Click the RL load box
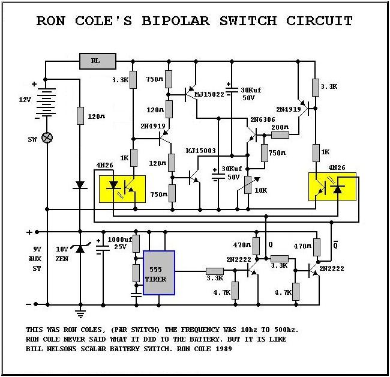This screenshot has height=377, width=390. (x=97, y=61)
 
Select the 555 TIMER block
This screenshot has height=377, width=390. (x=158, y=273)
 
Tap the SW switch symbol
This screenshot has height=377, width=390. (x=47, y=137)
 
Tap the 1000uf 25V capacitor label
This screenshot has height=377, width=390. (x=117, y=243)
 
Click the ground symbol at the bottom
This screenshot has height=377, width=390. (x=80, y=312)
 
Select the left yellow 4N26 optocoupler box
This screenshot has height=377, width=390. (x=122, y=189)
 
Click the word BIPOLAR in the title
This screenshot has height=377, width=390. (x=176, y=21)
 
